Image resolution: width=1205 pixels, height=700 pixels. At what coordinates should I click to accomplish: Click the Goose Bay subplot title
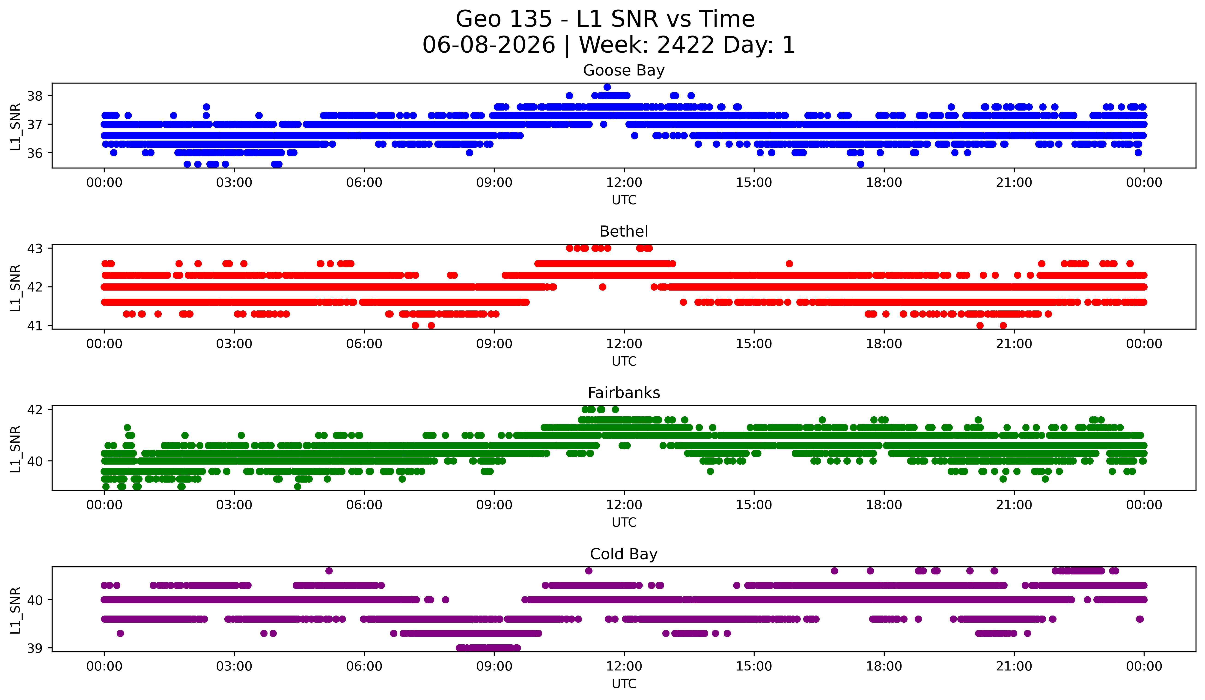[x=624, y=70]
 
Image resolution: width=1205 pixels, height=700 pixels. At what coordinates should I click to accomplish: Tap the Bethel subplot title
[x=624, y=231]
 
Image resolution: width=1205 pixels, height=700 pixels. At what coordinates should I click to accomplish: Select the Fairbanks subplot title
[x=624, y=393]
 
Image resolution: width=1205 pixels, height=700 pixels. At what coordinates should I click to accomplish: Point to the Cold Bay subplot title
[x=624, y=554]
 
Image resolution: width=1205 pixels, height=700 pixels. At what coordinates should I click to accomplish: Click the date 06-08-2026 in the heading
[x=489, y=45]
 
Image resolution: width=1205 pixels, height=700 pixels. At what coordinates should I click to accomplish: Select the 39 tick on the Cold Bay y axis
[x=34, y=648]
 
